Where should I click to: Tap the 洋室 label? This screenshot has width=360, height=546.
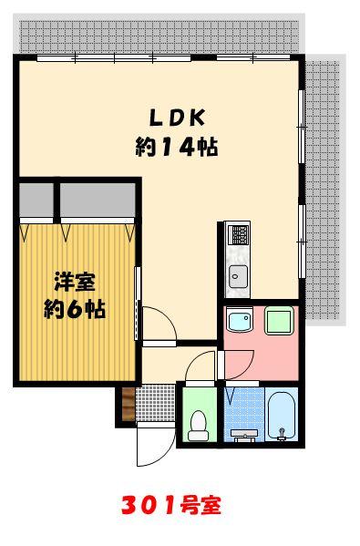[74, 281]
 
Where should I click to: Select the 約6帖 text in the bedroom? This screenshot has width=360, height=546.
[74, 309]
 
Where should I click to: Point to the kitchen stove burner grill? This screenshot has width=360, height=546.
[238, 235]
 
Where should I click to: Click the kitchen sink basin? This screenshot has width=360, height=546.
[237, 276]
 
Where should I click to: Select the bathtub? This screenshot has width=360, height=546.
[282, 417]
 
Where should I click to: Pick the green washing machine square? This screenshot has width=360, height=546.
[277, 323]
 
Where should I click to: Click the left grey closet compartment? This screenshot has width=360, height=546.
[36, 198]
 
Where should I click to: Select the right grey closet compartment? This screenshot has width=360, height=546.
[98, 198]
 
